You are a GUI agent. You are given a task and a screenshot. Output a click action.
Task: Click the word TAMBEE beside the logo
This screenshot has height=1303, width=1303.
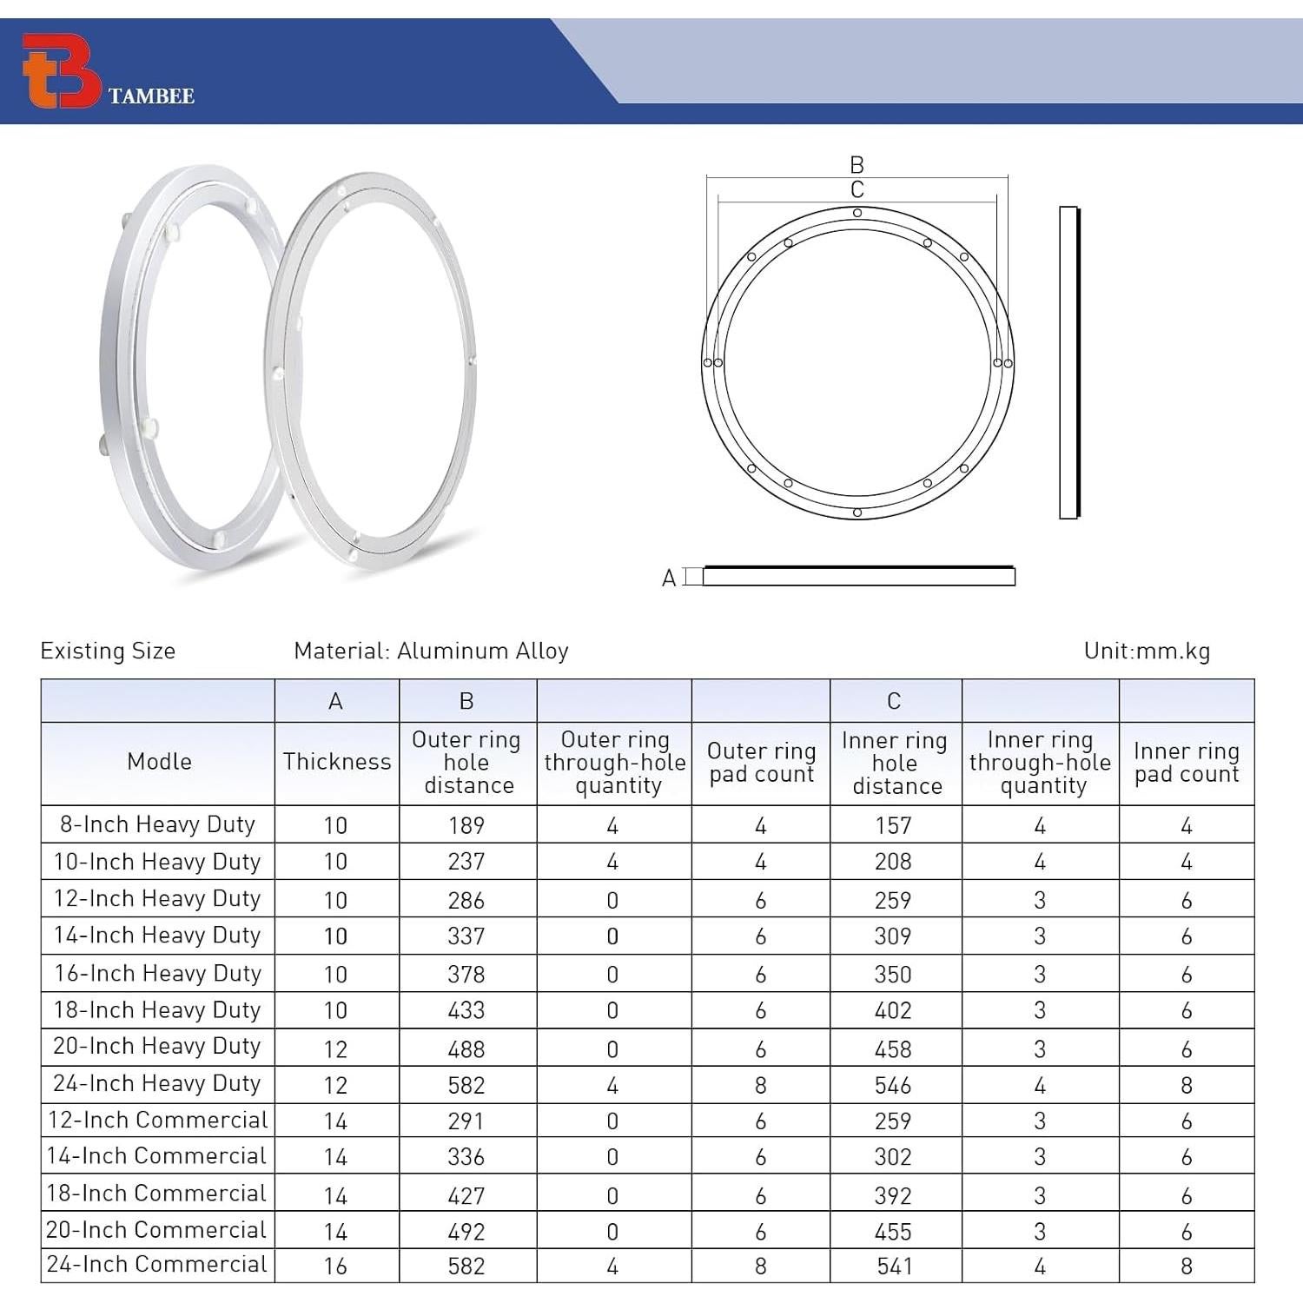pyautogui.click(x=151, y=96)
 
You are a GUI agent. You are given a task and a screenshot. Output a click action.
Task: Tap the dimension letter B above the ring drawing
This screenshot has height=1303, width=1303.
pyautogui.click(x=857, y=164)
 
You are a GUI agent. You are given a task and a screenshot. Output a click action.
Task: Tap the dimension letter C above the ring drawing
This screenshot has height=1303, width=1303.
pyautogui.click(x=857, y=189)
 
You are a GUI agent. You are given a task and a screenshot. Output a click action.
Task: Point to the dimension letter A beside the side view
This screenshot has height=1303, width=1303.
pyautogui.click(x=669, y=579)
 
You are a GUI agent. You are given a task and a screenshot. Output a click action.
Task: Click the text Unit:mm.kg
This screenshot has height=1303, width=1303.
pyautogui.click(x=1147, y=651)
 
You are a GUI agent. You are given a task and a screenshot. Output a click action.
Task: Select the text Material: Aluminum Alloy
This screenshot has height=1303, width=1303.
pyautogui.click(x=431, y=651)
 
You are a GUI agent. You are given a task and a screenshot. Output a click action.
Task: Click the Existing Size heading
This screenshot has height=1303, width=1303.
pyautogui.click(x=108, y=651)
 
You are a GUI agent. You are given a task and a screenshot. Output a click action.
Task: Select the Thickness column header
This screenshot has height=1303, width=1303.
pyautogui.click(x=337, y=762)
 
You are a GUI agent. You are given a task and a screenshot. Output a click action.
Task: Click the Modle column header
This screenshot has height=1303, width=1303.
pyautogui.click(x=159, y=762)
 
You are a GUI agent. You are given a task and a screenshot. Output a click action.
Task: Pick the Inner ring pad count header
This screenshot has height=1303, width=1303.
pyautogui.click(x=1187, y=762)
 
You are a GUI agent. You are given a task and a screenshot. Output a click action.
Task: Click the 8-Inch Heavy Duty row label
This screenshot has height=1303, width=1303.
pyautogui.click(x=157, y=824)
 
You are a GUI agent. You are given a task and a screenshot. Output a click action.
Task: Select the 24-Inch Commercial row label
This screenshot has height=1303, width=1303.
pyautogui.click(x=157, y=1265)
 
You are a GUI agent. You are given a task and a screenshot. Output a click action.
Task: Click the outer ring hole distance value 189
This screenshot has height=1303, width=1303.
pyautogui.click(x=466, y=825)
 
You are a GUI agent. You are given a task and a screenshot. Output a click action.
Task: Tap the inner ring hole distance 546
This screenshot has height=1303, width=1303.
pyautogui.click(x=894, y=1085)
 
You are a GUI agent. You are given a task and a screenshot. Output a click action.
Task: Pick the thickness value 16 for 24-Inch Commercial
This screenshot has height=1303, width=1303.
pyautogui.click(x=335, y=1267)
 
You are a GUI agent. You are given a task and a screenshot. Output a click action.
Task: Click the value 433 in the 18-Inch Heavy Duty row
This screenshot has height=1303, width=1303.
pyautogui.click(x=466, y=1011)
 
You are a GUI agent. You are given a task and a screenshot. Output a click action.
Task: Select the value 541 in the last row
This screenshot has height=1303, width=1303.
pyautogui.click(x=894, y=1267)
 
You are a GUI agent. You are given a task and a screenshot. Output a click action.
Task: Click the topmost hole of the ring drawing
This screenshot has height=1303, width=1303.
pyautogui.click(x=857, y=213)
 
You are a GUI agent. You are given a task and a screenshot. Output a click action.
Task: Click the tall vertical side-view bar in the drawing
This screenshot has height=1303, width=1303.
pyautogui.click(x=1068, y=362)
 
